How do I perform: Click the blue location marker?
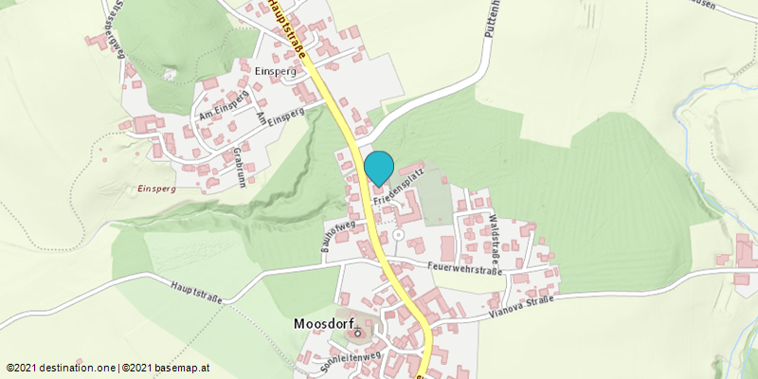pos(379,168)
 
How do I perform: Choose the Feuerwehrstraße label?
pos(463,268)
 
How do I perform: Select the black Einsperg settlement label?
pos(278,72)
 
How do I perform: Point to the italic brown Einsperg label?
pos(156,189)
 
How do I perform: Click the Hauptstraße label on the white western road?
pos(197,291)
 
